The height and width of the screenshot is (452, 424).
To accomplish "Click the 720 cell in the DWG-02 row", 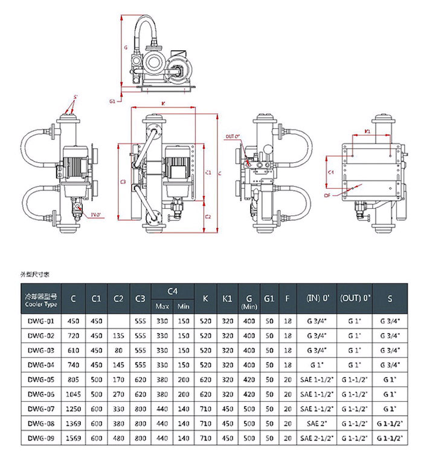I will click(x=73, y=335).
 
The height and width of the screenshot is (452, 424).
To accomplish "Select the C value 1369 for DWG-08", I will click(x=73, y=423).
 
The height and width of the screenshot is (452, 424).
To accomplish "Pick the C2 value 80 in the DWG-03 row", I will click(x=118, y=350).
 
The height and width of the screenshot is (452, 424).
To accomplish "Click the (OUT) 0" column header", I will click(x=355, y=298).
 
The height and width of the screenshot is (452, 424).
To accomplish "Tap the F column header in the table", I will click(x=287, y=298).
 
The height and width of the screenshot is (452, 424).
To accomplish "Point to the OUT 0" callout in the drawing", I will click(x=233, y=137).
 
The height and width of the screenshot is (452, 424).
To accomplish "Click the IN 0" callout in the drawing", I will click(x=95, y=215).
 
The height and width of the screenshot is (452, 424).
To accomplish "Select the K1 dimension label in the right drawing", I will click(x=366, y=130).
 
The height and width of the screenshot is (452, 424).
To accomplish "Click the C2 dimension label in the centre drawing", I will click(x=208, y=216).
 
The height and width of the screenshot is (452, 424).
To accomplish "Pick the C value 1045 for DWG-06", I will click(x=73, y=393).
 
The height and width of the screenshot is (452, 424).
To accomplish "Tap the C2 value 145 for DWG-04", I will click(x=118, y=364).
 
